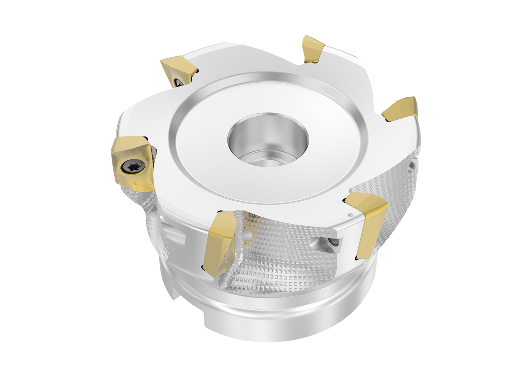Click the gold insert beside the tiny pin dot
tap(371, 223)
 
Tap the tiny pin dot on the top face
tap(350, 215)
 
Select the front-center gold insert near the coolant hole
tap(218, 242)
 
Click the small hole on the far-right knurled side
tap(412, 166)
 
